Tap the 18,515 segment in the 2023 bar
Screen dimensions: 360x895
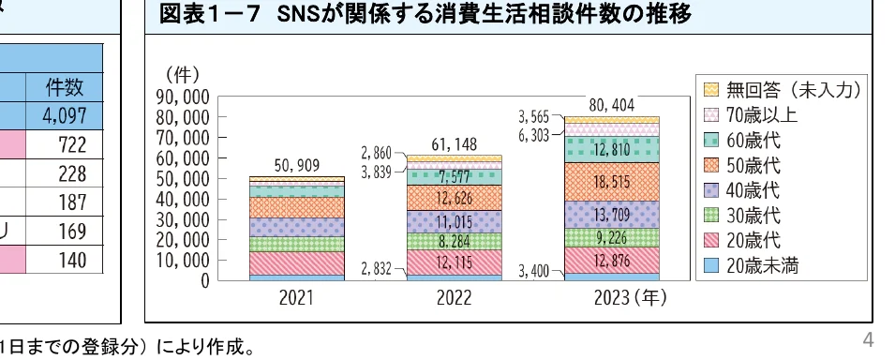[611, 182]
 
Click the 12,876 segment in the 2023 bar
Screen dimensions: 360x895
[611, 259]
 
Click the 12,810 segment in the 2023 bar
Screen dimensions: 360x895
[611, 149]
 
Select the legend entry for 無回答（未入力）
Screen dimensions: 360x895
[783, 91]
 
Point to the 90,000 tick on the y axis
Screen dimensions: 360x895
[183, 97]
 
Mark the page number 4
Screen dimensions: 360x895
[870, 338]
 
